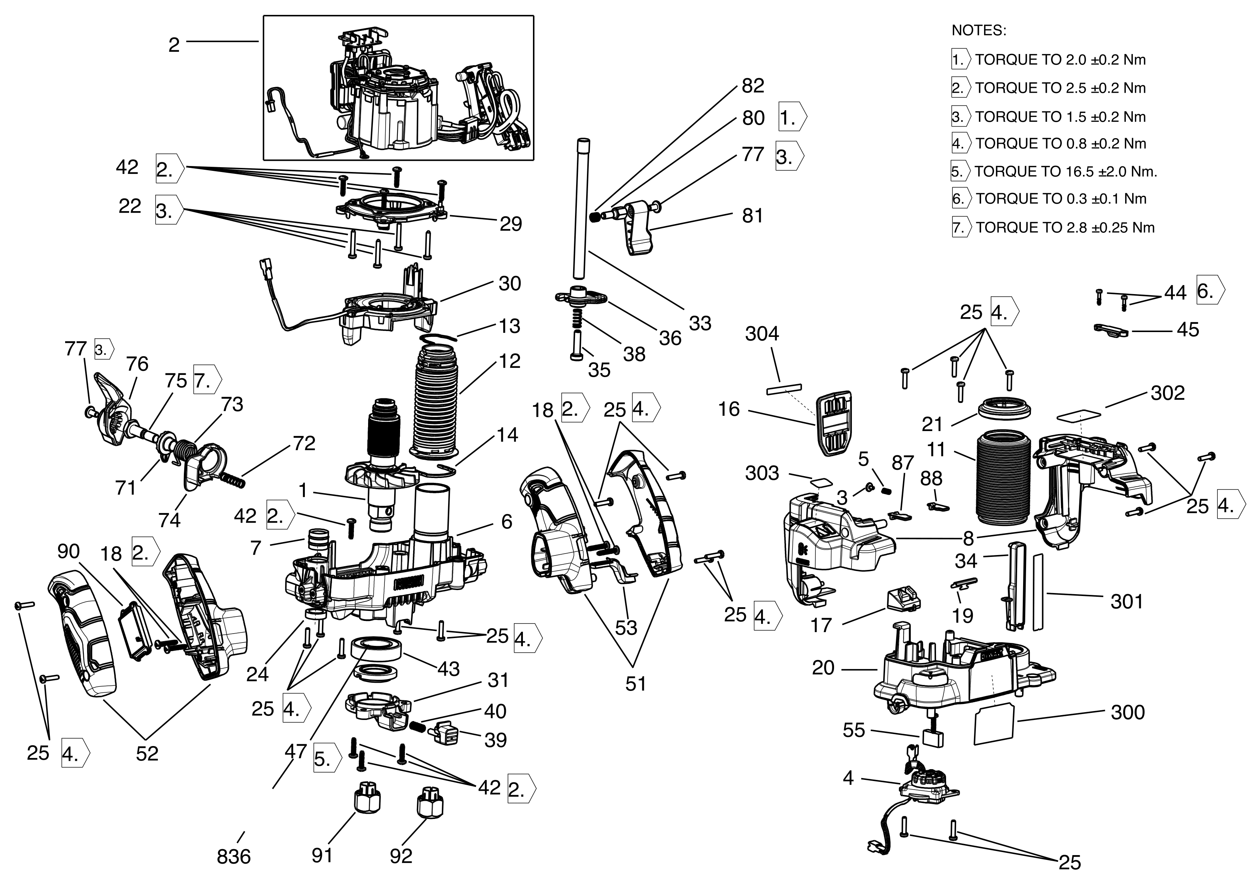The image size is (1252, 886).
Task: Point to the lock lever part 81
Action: pos(638,229)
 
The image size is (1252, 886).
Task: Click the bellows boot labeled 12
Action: pos(436,404)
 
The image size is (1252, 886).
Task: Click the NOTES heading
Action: pos(979,31)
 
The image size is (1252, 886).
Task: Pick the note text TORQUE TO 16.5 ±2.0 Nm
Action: pos(1066,171)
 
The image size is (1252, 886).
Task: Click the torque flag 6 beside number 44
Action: pos(1210,291)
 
